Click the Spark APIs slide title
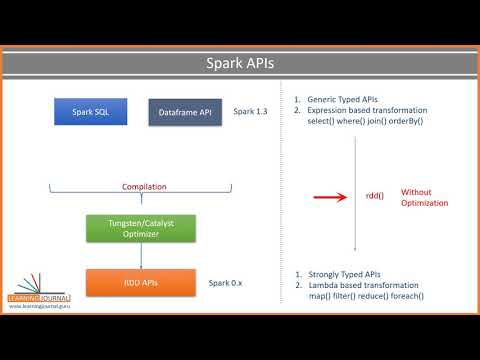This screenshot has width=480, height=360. click(x=239, y=64)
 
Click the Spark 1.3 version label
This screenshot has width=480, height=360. click(x=250, y=112)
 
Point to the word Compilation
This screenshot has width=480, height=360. click(x=144, y=187)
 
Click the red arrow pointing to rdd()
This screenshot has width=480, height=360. click(x=330, y=197)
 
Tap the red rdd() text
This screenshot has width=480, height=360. click(x=375, y=197)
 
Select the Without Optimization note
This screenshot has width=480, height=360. click(x=424, y=197)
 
